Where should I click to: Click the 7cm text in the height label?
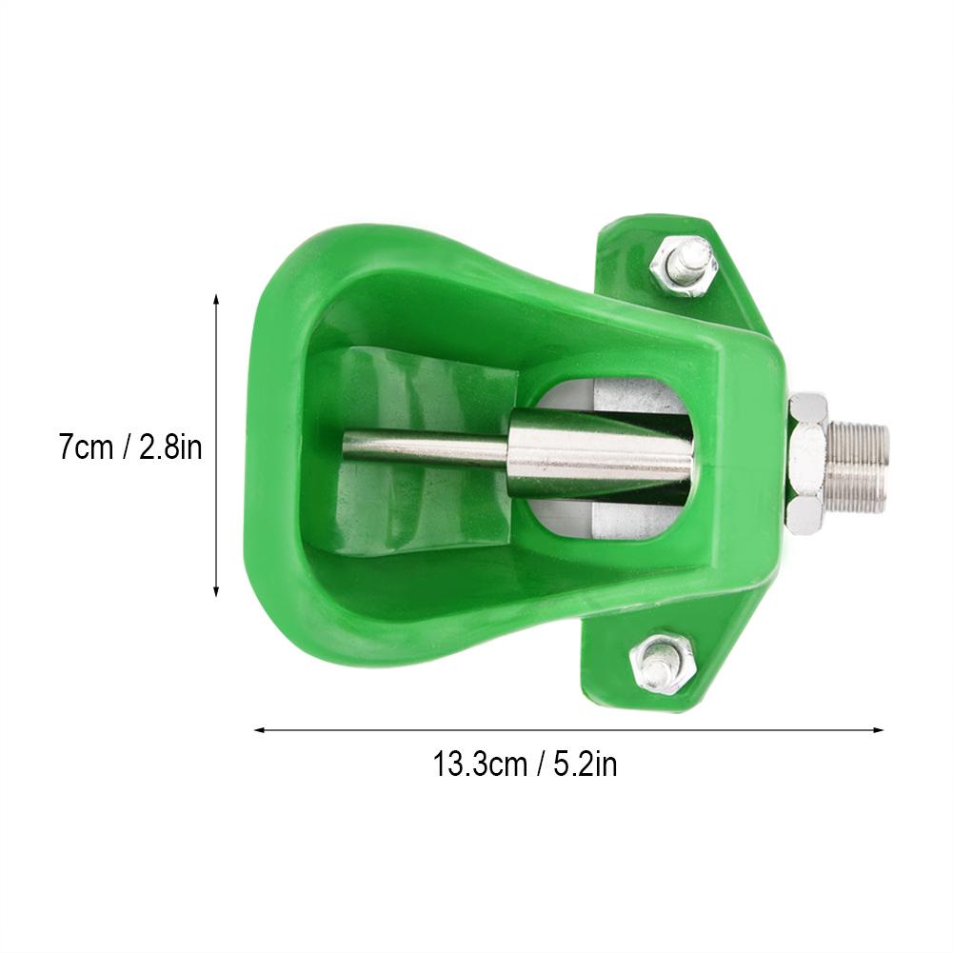pos(86,447)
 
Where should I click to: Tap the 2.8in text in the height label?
pos(170,447)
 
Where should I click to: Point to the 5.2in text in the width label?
pos(586,764)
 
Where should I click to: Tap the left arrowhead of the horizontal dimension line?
pos(258,729)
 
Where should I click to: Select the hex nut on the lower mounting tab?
pos(662,665)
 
